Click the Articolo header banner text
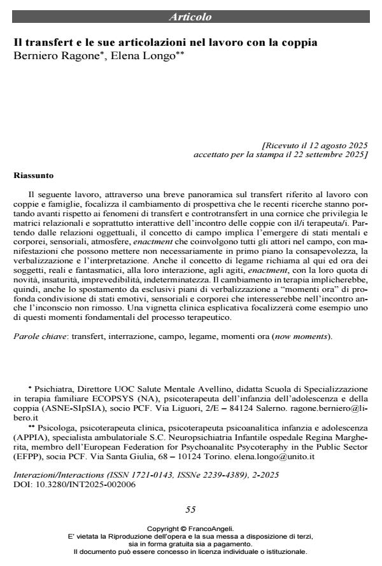point(190,17)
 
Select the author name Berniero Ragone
point(54,55)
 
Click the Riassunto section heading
point(34,174)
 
